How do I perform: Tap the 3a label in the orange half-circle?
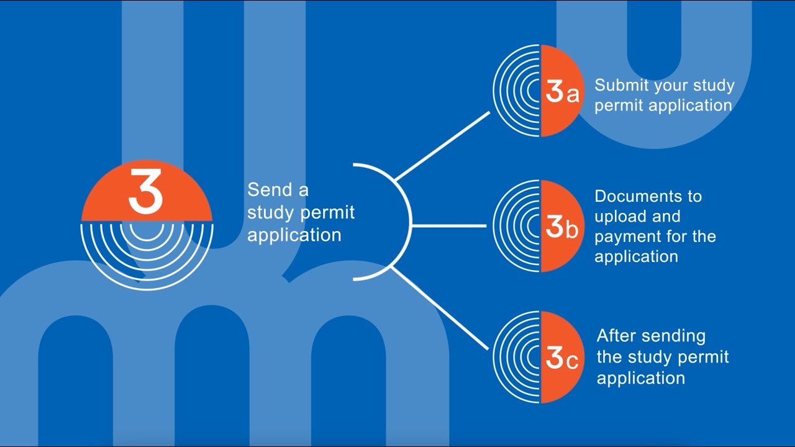tap(562, 91)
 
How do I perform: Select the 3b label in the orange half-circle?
tap(562, 227)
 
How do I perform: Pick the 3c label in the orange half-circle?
tap(562, 358)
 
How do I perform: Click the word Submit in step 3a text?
tap(619, 85)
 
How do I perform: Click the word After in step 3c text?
tap(617, 336)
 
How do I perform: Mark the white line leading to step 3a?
tap(442, 147)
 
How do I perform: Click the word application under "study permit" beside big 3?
tap(294, 235)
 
